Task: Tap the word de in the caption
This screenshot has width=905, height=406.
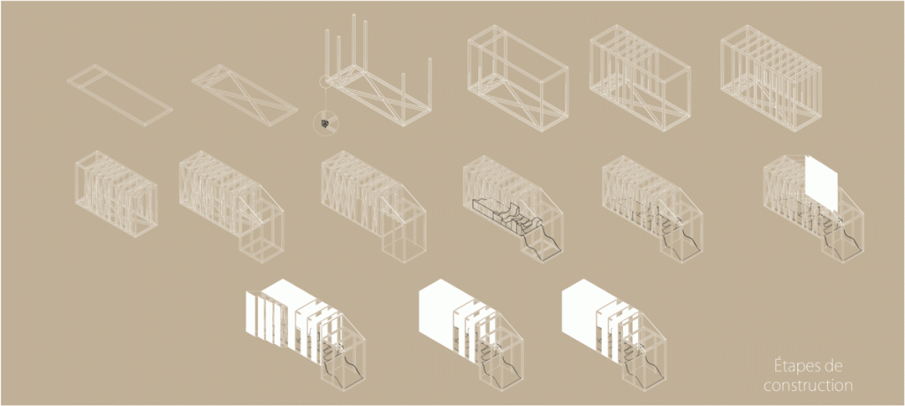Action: pos(834,367)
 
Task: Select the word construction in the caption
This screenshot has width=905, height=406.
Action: pos(808,385)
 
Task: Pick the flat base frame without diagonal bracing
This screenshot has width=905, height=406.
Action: pos(119,95)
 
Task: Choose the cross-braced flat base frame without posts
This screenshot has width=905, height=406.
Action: pos(244,95)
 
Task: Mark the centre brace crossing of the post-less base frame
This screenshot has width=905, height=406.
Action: pos(245,96)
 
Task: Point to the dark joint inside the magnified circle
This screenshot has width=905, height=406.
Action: pos(325,124)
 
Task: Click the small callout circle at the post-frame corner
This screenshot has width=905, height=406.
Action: pos(325,82)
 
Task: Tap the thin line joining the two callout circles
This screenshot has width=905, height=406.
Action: pos(325,100)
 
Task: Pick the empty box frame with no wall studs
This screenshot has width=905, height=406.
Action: pos(518,78)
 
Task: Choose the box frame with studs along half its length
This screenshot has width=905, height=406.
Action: pos(640,78)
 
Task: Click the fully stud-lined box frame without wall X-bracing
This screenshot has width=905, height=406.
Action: pos(772,78)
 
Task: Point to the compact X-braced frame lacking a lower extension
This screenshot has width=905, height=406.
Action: pos(116,194)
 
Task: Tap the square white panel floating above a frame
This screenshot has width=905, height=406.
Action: pos(822,184)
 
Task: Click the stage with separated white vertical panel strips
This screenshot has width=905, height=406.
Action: pos(306,335)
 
